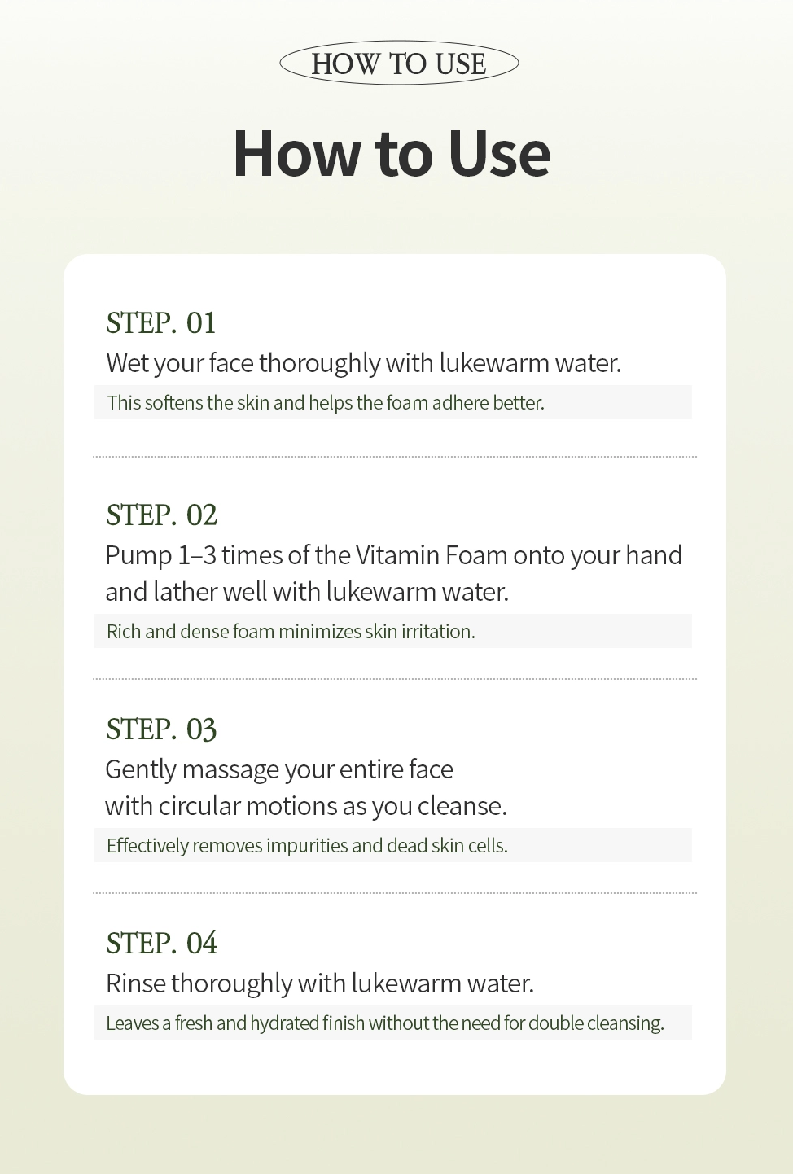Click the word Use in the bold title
tap(498, 154)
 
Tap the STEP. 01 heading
tap(161, 323)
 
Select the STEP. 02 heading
tap(161, 515)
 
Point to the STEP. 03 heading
tap(161, 729)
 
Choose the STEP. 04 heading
tap(161, 943)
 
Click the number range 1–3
tap(198, 555)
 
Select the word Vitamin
tap(398, 555)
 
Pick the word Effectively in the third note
tap(147, 846)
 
